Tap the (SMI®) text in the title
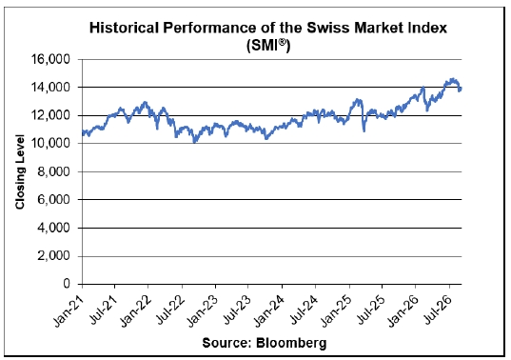click(x=268, y=45)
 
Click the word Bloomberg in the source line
click(x=291, y=343)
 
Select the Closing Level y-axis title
click(x=20, y=171)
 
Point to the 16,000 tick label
click(x=50, y=59)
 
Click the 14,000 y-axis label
click(x=50, y=88)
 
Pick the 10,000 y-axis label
click(x=50, y=143)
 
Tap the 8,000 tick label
click(x=54, y=171)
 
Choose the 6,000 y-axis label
click(x=54, y=199)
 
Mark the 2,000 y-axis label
click(x=54, y=256)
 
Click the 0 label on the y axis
click(x=67, y=284)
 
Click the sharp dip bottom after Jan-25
click(x=364, y=131)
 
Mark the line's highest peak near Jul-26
click(x=452, y=79)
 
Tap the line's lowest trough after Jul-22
click(x=195, y=142)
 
